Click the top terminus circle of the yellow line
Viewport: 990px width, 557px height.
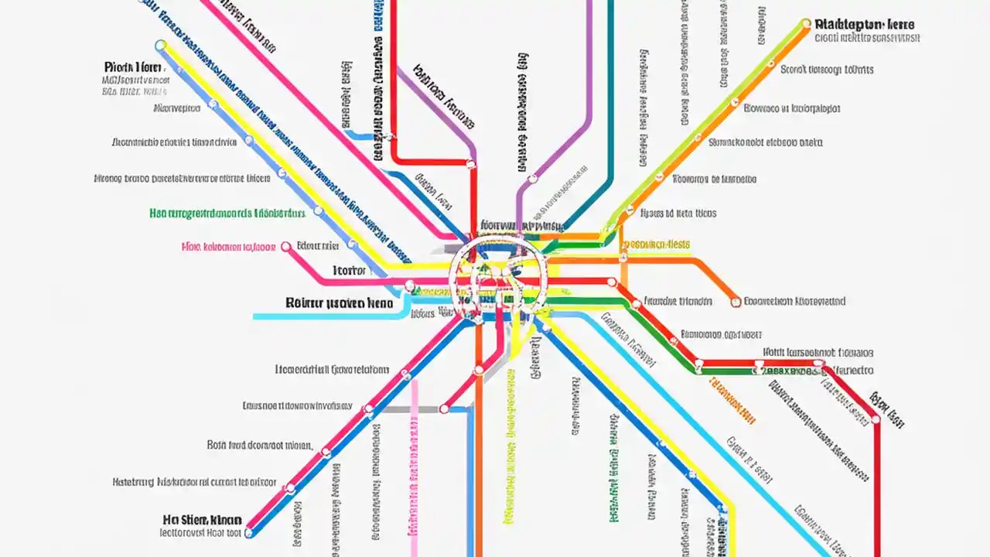pyautogui.click(x=161, y=46)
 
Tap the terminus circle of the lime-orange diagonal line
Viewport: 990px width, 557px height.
pyautogui.click(x=807, y=24)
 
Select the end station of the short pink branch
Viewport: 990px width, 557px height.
pyautogui.click(x=286, y=247)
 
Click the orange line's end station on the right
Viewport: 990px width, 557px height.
pyautogui.click(x=736, y=302)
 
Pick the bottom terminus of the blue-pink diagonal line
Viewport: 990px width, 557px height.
pyautogui.click(x=249, y=532)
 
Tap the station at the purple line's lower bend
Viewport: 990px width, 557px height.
pyautogui.click(x=533, y=179)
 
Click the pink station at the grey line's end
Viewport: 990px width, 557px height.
pyautogui.click(x=445, y=408)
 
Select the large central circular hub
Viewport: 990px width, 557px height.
pyautogui.click(x=498, y=278)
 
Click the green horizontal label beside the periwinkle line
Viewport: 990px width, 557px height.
pyautogui.click(x=227, y=213)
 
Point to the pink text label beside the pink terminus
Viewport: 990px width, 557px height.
pyautogui.click(x=228, y=248)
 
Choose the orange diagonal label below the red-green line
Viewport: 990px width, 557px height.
pyautogui.click(x=731, y=401)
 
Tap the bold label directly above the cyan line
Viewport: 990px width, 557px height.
pyautogui.click(x=339, y=303)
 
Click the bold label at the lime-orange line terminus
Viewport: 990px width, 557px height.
pyautogui.click(x=864, y=25)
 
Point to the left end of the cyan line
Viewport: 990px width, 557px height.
pyautogui.click(x=255, y=316)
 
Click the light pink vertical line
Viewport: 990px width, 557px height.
pyautogui.click(x=415, y=464)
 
